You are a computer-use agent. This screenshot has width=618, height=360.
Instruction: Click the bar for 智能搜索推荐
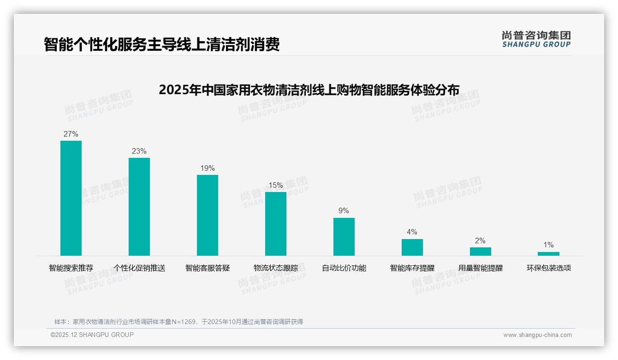point(71,198)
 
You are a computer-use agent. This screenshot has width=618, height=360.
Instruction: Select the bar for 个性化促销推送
point(139,206)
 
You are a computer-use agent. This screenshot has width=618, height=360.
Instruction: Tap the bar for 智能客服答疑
point(208,215)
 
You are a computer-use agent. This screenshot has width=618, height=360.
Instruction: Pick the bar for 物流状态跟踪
point(276,223)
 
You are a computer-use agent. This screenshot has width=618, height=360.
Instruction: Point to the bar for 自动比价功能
point(344,236)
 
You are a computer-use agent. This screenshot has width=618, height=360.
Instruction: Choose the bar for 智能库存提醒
point(412,247)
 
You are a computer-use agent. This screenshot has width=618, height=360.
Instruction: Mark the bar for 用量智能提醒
point(480,251)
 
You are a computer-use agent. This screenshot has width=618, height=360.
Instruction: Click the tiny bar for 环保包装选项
point(548,253)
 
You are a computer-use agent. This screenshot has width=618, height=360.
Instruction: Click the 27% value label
point(71,134)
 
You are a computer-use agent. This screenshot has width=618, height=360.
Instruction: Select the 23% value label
point(139,151)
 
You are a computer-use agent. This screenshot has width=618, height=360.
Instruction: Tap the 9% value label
point(344,211)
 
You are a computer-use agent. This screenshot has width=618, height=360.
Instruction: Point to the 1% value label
point(548,245)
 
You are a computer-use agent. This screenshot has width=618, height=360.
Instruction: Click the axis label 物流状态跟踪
point(276,268)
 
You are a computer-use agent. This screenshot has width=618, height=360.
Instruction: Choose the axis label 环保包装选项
point(549,268)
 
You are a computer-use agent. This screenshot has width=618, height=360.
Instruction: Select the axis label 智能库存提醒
point(412,268)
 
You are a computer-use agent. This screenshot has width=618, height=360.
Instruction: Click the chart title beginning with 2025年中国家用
point(309,90)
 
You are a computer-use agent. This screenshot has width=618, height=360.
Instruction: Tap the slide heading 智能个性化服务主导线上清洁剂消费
point(162,45)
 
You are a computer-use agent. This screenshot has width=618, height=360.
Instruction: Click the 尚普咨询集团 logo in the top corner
point(536,39)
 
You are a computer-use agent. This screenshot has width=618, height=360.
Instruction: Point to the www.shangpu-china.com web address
point(537,335)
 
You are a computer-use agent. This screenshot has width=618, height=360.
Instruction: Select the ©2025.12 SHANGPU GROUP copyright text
point(92,335)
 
